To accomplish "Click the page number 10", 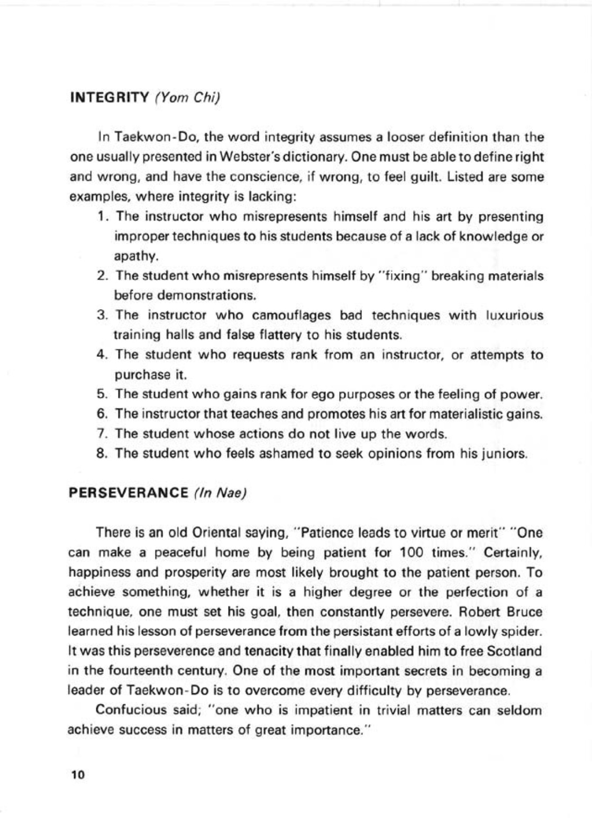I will click(77, 775).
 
